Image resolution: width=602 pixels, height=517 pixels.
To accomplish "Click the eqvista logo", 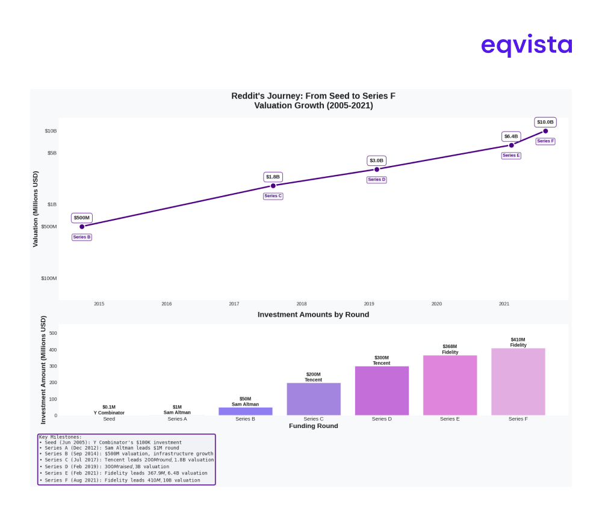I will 526,45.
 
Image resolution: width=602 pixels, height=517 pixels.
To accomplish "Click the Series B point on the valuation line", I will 82,227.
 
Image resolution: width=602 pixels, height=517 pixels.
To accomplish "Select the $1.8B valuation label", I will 273,177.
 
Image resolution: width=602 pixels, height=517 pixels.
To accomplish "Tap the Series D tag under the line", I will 377,180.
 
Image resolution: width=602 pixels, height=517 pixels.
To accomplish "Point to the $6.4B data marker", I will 512,145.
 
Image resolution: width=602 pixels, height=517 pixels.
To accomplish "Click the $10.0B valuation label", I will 545,122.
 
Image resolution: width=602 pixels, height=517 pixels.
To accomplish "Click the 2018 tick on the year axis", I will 302,304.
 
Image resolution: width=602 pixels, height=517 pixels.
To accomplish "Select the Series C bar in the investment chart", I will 314,399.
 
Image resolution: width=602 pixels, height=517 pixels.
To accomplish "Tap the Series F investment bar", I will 518,382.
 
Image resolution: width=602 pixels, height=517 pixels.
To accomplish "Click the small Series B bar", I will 246,411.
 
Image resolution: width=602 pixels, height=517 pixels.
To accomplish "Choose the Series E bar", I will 450,385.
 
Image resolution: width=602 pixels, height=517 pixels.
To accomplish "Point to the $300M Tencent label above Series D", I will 382,360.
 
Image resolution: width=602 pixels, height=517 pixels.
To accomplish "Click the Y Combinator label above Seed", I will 109,413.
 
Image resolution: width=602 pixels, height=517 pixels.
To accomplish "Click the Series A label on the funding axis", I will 177,419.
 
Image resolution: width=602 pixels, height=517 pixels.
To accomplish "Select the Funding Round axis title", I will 313,426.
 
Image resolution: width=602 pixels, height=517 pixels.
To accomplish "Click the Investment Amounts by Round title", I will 313,314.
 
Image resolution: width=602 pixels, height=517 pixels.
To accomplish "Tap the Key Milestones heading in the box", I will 60,437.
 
